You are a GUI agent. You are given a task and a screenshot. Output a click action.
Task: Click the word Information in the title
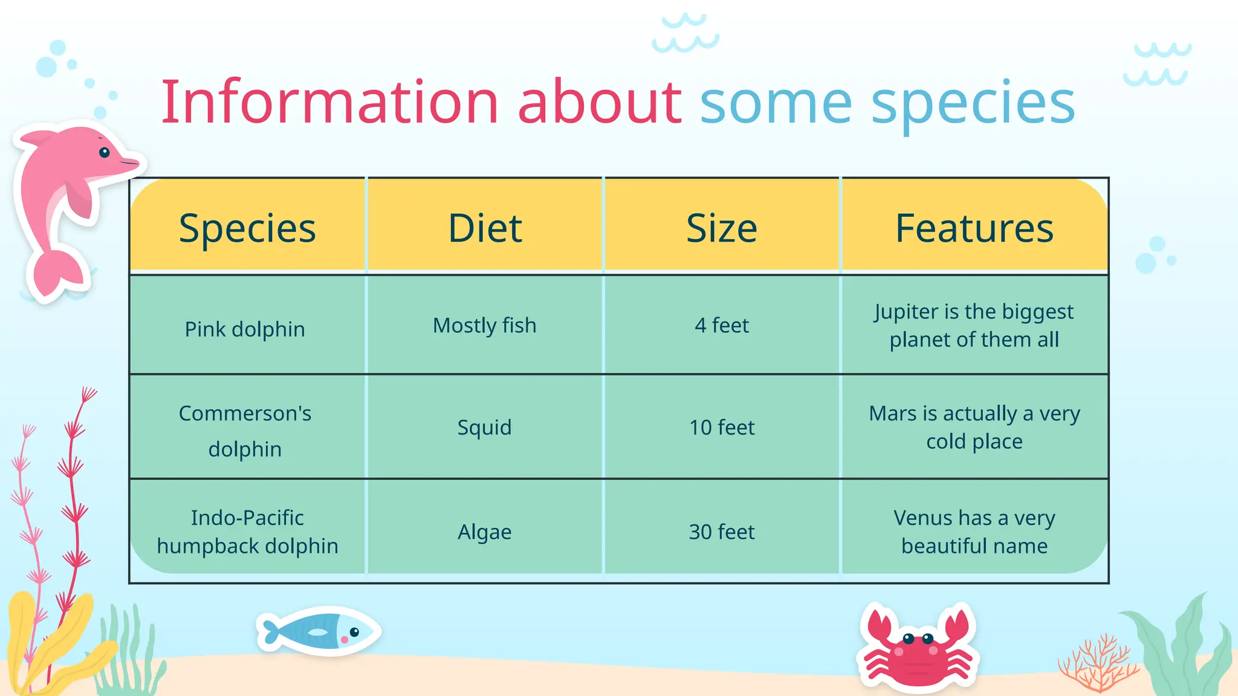pos(329,103)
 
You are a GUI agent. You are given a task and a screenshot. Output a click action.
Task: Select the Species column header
pos(247,228)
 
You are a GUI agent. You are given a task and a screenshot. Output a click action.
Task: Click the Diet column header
pos(485,228)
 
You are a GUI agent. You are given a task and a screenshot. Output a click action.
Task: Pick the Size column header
pos(722,228)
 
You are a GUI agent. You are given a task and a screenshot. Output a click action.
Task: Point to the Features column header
pos(974,228)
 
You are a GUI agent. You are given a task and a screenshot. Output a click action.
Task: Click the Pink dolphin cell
pos(245,329)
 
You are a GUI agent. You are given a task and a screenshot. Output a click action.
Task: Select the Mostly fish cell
pos(484,326)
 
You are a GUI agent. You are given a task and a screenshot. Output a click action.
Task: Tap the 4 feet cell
pos(722,326)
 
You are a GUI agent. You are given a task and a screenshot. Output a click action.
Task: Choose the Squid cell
pos(484,428)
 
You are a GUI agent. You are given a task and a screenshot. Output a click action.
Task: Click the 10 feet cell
pos(722,428)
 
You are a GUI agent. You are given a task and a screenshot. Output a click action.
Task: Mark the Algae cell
pos(484,532)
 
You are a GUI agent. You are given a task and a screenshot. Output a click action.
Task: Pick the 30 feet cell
pos(722,532)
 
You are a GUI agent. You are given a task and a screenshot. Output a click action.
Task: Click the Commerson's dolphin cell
pos(245,431)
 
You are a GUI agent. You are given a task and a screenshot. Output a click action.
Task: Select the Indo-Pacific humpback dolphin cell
pos(247,532)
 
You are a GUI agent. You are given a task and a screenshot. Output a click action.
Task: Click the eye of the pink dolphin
pos(105,152)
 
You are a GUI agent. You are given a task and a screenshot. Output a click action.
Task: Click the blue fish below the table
pos(319,632)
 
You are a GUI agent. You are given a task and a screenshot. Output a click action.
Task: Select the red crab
pos(917,649)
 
